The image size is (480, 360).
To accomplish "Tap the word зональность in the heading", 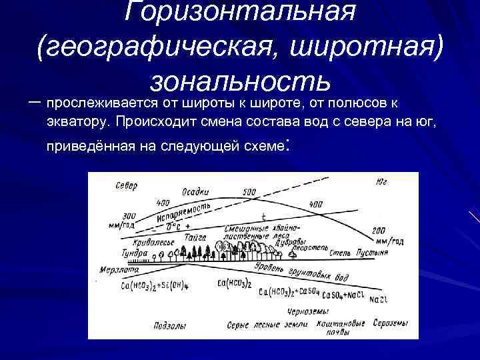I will pyautogui.click(x=240, y=80).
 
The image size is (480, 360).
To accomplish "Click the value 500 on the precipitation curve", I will pyautogui.click(x=249, y=193).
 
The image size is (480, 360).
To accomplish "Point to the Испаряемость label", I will pyautogui.click(x=182, y=211).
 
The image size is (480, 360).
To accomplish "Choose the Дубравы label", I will pyautogui.click(x=291, y=241).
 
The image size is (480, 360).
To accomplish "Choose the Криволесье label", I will pyautogui.click(x=152, y=241).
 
